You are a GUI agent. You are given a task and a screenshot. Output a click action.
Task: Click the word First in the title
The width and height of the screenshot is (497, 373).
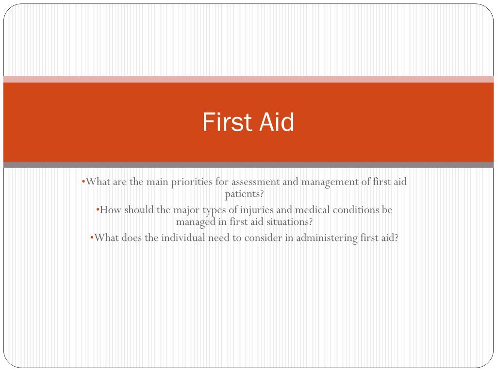[227, 122]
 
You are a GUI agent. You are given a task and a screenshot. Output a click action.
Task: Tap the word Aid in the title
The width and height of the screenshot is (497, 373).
[277, 122]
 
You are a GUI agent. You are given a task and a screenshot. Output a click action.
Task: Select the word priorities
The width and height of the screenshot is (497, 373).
[192, 183]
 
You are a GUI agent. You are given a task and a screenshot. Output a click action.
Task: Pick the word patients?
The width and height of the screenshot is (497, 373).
[244, 194]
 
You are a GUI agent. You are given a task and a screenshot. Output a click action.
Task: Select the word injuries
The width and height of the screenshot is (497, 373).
[257, 210]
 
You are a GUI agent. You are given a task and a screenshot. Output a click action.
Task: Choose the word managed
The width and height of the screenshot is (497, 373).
[196, 222]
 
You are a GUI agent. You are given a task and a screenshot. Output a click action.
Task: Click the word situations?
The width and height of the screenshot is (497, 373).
[289, 221]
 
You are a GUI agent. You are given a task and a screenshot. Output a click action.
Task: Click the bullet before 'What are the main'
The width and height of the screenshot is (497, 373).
[83, 182]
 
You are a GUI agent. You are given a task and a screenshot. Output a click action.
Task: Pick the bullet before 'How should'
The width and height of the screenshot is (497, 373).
[98, 209]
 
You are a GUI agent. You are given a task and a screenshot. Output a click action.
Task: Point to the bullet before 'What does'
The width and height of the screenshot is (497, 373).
[92, 237]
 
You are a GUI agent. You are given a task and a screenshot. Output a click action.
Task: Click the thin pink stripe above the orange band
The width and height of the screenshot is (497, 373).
[248, 79]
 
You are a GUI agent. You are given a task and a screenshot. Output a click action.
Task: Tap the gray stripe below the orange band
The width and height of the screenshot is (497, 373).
[248, 165]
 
